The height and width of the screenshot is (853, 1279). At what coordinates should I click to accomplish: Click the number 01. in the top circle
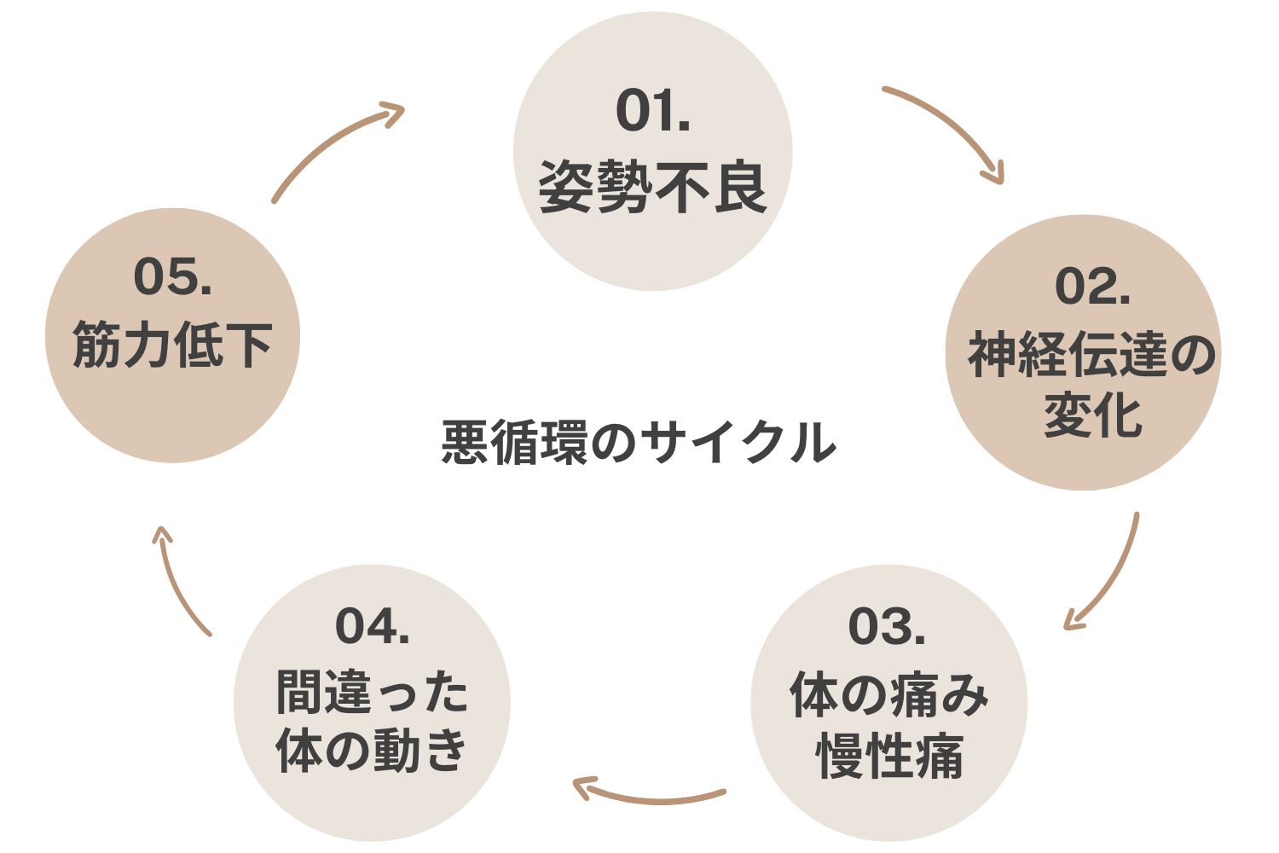pyautogui.click(x=652, y=111)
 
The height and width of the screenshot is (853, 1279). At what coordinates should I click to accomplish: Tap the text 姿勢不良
pyautogui.click(x=652, y=188)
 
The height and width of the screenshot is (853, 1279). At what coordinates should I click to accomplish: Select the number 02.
pyautogui.click(x=1092, y=287)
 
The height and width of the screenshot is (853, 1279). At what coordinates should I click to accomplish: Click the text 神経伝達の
pyautogui.click(x=1091, y=354)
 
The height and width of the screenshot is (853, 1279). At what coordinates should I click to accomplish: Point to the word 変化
pyautogui.click(x=1092, y=415)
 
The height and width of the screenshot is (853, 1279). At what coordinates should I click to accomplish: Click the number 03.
pyautogui.click(x=887, y=628)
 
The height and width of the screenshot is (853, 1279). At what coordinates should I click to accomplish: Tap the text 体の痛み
pyautogui.click(x=888, y=694)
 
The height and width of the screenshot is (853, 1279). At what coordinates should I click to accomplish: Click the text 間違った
pyautogui.click(x=372, y=692)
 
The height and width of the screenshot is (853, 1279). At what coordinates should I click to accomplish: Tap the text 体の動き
pyautogui.click(x=372, y=751)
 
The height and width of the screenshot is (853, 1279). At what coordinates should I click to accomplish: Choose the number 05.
pyautogui.click(x=172, y=278)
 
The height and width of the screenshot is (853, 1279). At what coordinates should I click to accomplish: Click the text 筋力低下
pyautogui.click(x=172, y=345)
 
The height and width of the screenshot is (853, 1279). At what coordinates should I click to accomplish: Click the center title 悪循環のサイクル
pyautogui.click(x=639, y=443)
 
